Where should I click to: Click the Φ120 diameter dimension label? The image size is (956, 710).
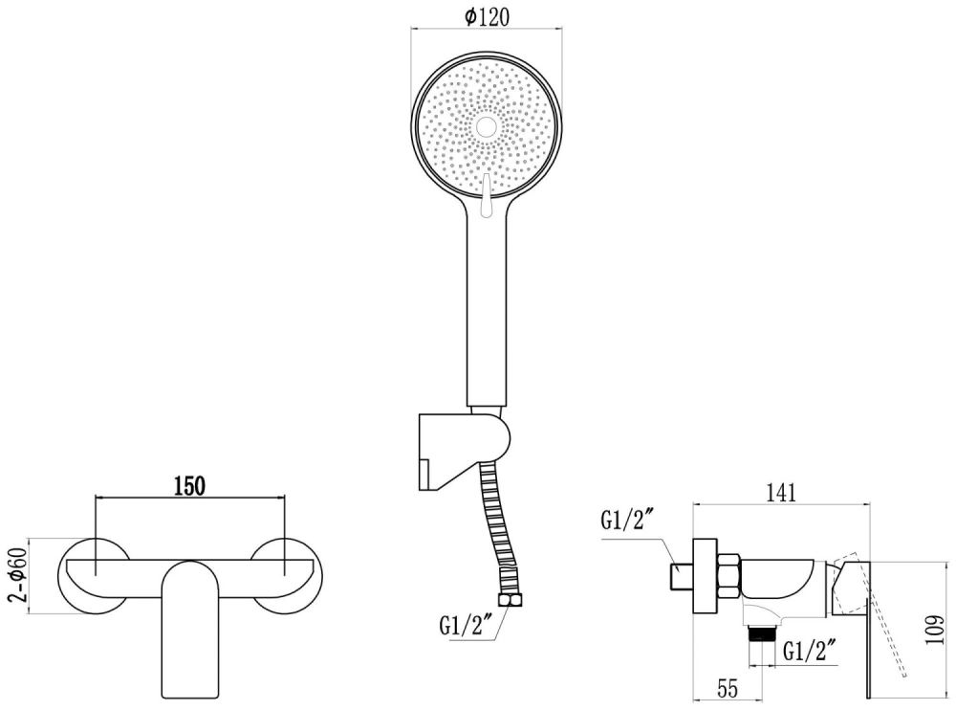click(x=488, y=15)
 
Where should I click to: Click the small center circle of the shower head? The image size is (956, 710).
click(x=486, y=125)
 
